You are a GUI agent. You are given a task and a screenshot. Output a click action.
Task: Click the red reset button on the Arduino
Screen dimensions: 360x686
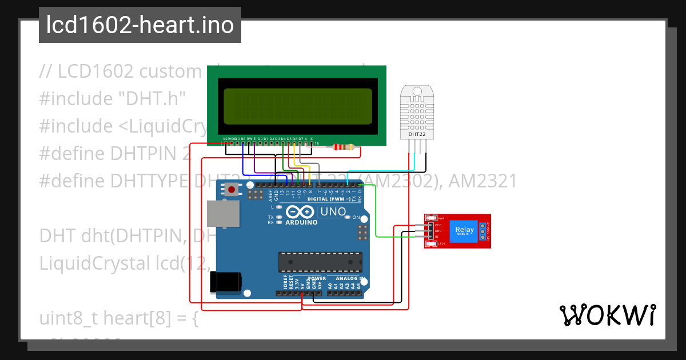click(x=232, y=190)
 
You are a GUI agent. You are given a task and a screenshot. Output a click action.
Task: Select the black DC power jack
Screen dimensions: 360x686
click(x=226, y=283)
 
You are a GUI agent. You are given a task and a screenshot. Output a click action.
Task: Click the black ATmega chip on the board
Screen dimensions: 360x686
click(x=320, y=262)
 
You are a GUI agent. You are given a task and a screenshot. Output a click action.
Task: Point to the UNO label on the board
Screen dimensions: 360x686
click(x=333, y=212)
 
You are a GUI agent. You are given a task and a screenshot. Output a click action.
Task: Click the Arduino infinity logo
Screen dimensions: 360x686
click(x=301, y=212)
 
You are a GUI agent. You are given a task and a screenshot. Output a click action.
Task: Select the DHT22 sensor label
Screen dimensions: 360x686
click(x=416, y=134)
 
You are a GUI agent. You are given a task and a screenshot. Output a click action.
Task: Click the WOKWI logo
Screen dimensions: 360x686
click(x=607, y=315)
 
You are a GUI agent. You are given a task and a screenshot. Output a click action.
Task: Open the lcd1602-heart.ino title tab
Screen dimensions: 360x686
click(x=140, y=25)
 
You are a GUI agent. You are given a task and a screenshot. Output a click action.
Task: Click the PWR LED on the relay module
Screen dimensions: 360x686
click(x=433, y=218)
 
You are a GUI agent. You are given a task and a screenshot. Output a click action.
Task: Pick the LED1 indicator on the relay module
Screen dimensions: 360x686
click(x=433, y=244)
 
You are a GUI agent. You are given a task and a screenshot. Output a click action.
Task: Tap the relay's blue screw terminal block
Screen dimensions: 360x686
click(x=483, y=231)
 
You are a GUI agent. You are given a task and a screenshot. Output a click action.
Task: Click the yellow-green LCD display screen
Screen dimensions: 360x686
click(x=297, y=107)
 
